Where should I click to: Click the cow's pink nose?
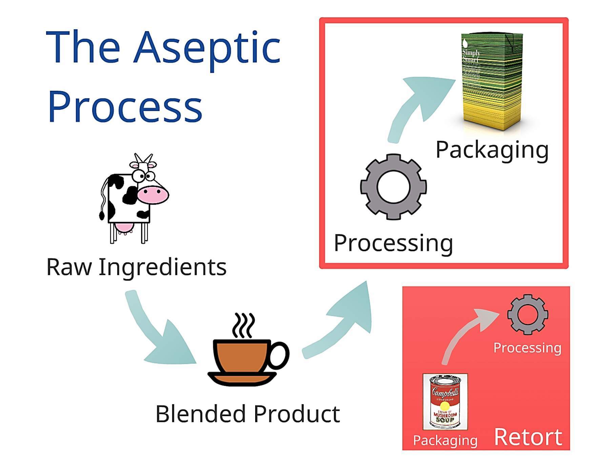pos(153,194)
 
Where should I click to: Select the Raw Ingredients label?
pos(136,267)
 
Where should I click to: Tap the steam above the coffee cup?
pos(243,325)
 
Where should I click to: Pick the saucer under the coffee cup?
pos(242,378)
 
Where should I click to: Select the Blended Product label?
pos(247,414)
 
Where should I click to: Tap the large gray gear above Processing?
pos(393,187)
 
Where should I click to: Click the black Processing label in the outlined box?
pos(393,243)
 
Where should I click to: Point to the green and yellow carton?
pos(492,81)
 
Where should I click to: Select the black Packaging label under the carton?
pos(492,150)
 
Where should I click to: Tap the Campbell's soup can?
pos(445,402)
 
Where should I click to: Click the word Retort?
pos(528,437)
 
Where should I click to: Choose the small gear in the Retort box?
pos(527,315)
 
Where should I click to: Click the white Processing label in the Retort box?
pos(527,348)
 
